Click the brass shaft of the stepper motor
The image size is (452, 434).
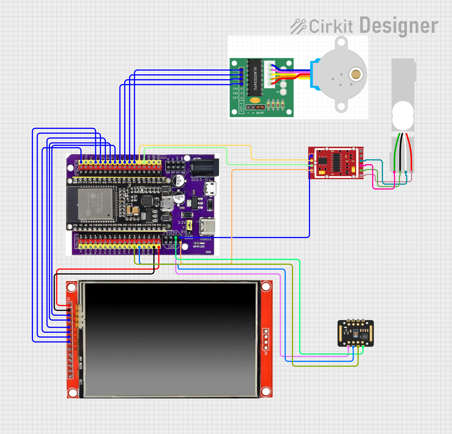click(x=356, y=74)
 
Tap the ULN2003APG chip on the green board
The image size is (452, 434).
click(x=255, y=77)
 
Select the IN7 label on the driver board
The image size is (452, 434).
click(x=235, y=98)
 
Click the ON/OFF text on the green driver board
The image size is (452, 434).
click(x=260, y=113)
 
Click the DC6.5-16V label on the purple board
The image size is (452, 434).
click(x=201, y=180)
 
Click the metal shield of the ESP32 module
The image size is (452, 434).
click(x=95, y=203)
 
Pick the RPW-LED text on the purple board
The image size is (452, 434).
click(x=199, y=247)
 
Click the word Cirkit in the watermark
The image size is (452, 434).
click(x=331, y=26)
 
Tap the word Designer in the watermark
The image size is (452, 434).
click(x=399, y=26)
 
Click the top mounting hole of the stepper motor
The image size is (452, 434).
click(x=341, y=42)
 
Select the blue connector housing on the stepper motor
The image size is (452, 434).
click(x=315, y=74)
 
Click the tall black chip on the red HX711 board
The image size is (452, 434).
click(x=336, y=162)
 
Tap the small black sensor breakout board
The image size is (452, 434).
click(x=356, y=333)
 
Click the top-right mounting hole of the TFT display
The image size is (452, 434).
click(x=266, y=286)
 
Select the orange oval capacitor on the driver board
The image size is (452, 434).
click(x=255, y=100)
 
